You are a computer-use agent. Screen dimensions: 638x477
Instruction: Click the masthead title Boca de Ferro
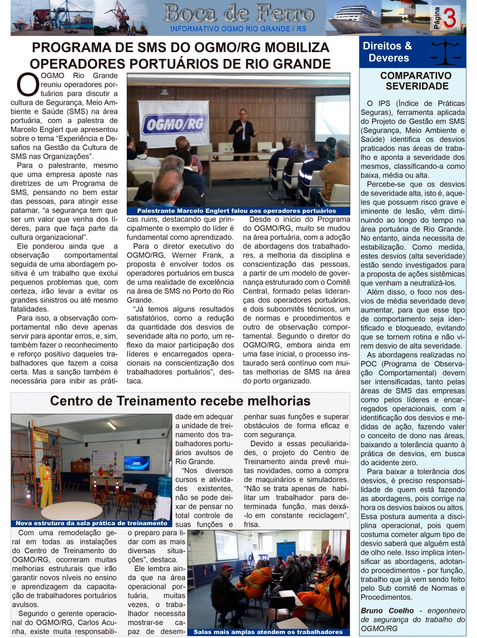point(238,14)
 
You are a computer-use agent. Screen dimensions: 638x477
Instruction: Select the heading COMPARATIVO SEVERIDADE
point(416,81)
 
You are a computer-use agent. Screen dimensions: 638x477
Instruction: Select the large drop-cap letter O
point(27,85)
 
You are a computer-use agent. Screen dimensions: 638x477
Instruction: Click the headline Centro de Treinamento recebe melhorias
point(180,401)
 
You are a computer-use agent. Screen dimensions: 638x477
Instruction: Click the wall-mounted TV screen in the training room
point(137,463)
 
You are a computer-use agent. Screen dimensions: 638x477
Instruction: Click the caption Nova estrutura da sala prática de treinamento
point(91,523)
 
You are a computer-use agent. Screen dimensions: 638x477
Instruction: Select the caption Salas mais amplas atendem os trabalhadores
point(268,632)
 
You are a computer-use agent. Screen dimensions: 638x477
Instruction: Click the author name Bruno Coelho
point(387,611)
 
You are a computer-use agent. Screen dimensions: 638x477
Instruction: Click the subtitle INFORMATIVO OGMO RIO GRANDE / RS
point(238,29)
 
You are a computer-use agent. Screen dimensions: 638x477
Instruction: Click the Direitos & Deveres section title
point(388,52)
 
